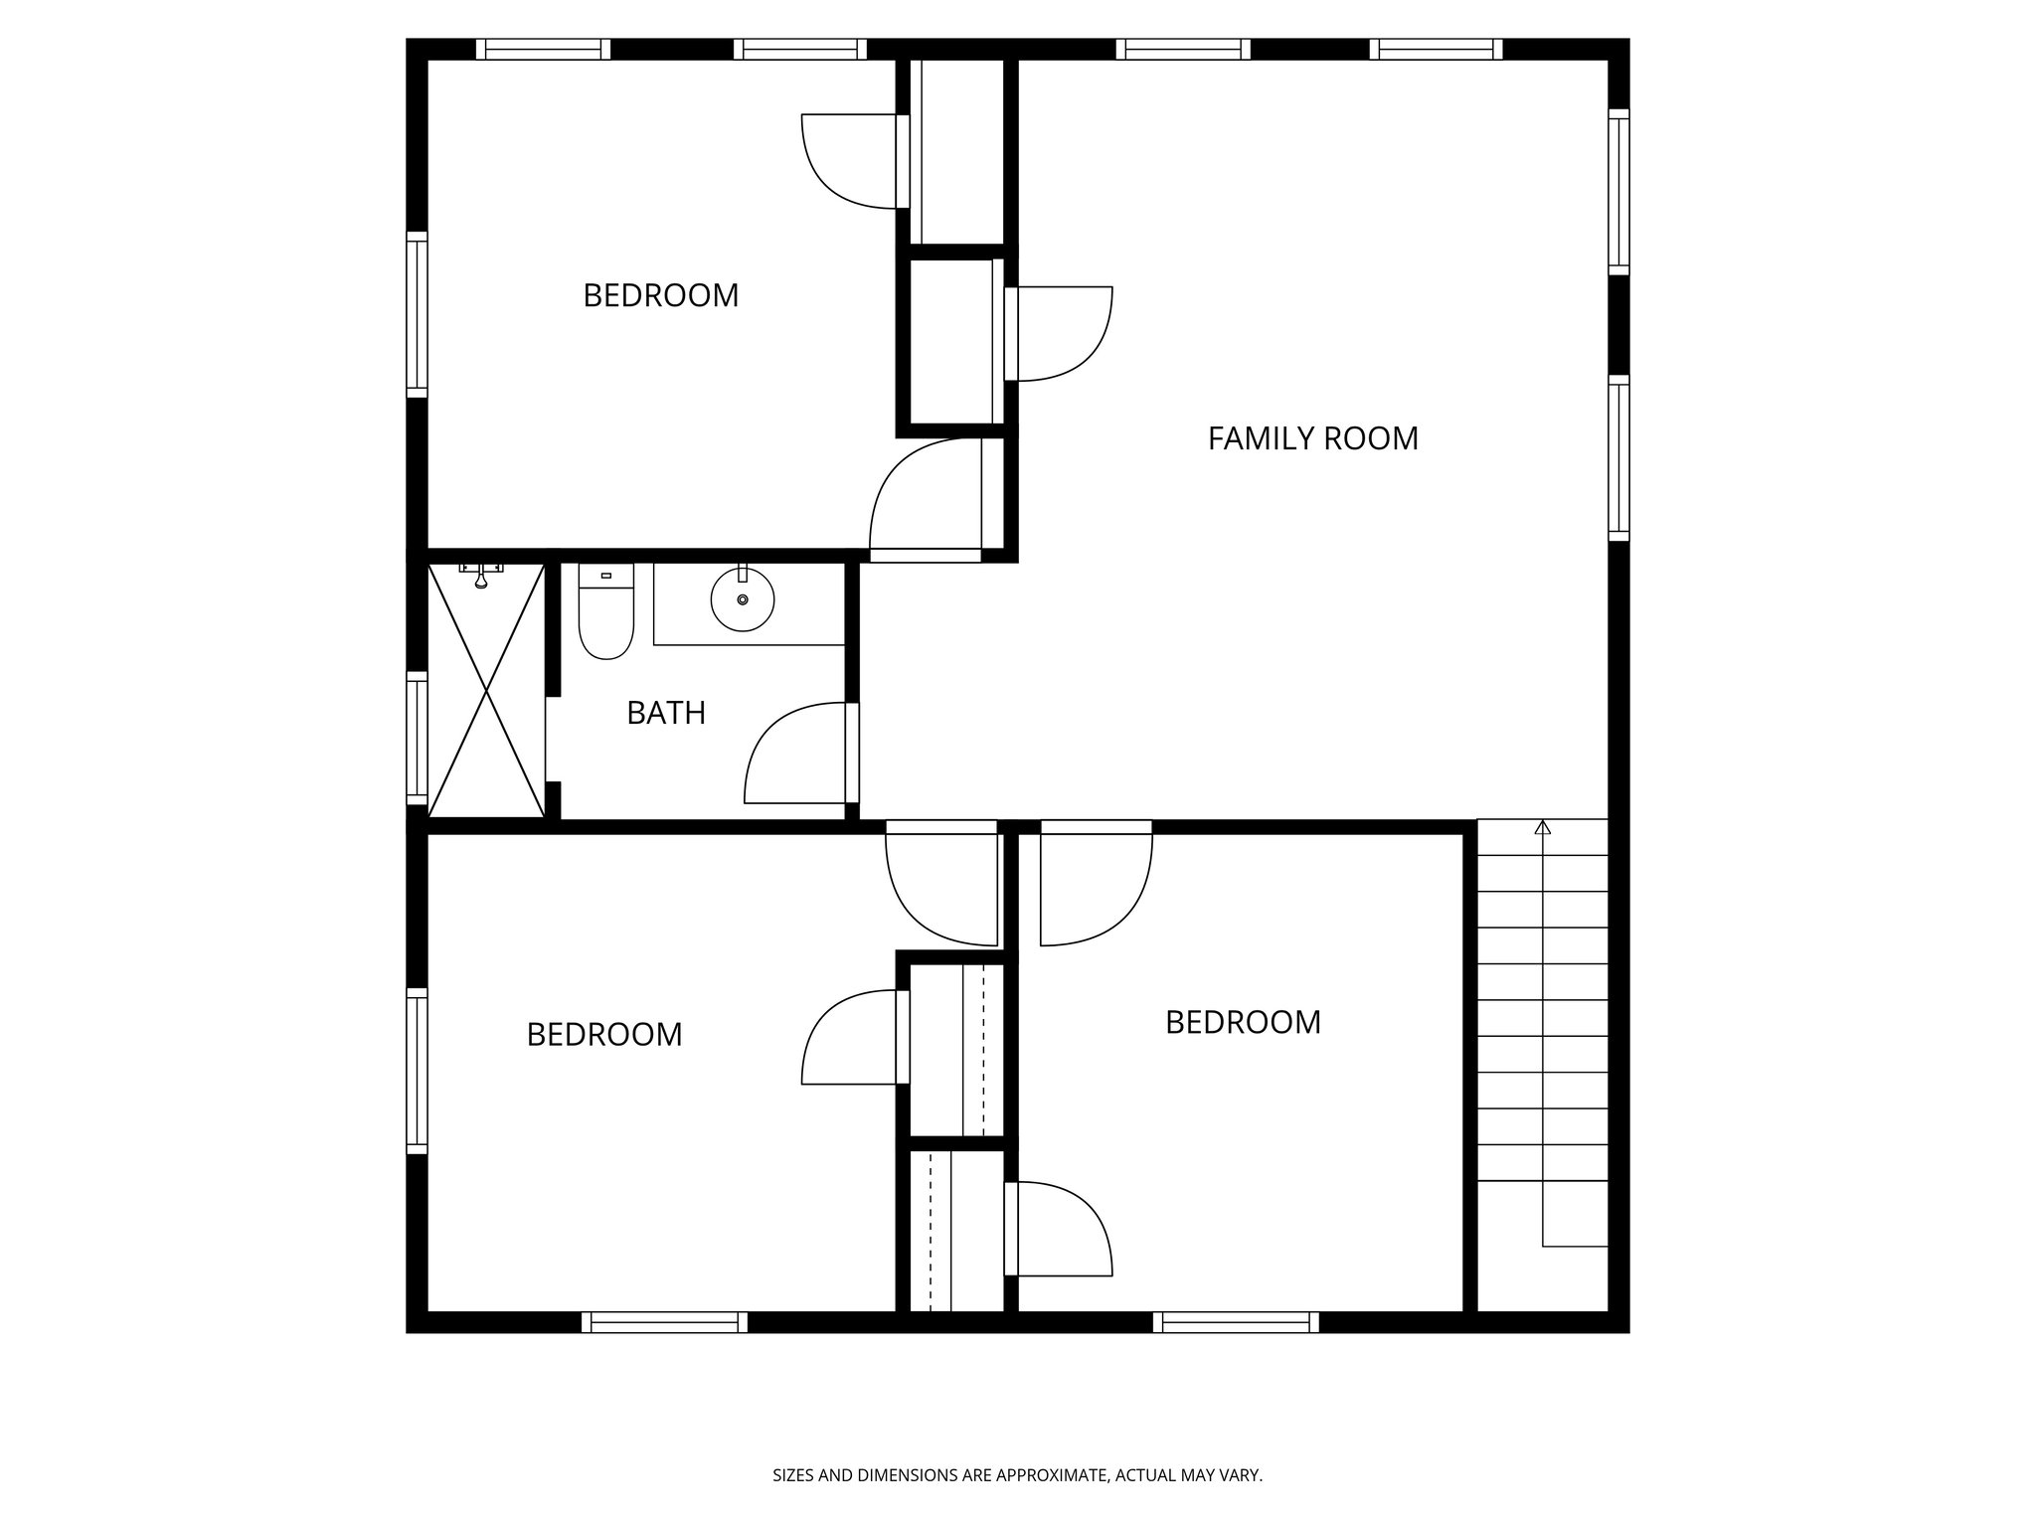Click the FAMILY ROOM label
(x=1312, y=438)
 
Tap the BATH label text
(x=666, y=713)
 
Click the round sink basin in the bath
(x=743, y=599)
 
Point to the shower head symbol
(x=481, y=576)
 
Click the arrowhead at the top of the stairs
(x=1542, y=826)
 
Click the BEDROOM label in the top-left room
(x=660, y=296)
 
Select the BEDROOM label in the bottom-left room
(x=603, y=1035)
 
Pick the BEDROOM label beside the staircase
(x=1243, y=1022)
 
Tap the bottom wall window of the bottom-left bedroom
(x=664, y=1321)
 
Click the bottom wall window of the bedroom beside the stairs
(x=1236, y=1321)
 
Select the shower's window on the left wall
(x=417, y=738)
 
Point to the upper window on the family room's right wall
(x=1618, y=192)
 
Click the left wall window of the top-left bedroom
(x=417, y=314)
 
